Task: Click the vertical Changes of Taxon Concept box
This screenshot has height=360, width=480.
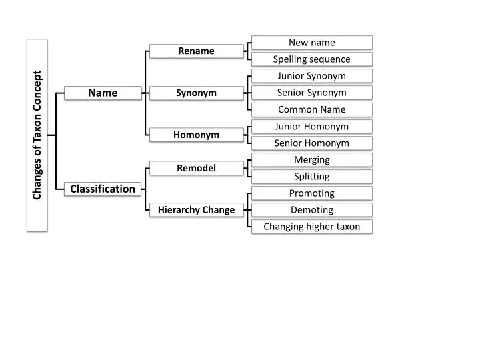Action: pyautogui.click(x=37, y=135)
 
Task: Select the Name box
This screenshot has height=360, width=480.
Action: pyautogui.click(x=103, y=93)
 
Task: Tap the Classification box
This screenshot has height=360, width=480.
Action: pyautogui.click(x=103, y=189)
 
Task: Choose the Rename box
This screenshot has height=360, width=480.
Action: pyautogui.click(x=196, y=51)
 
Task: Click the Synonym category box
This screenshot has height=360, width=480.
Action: pyautogui.click(x=196, y=93)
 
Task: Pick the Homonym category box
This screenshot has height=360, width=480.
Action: pyautogui.click(x=196, y=135)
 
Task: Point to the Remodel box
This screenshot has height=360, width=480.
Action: pyautogui.click(x=196, y=168)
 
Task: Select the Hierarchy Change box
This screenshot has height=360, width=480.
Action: pyautogui.click(x=196, y=210)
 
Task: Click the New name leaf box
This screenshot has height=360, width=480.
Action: pyautogui.click(x=311, y=43)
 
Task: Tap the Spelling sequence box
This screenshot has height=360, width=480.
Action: pyautogui.click(x=311, y=59)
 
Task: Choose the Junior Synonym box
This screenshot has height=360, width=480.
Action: pyautogui.click(x=311, y=76)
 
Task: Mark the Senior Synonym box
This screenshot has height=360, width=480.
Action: pyautogui.click(x=311, y=93)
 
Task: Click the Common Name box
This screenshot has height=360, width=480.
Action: pyautogui.click(x=311, y=109)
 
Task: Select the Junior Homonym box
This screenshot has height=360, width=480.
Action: pyautogui.click(x=311, y=126)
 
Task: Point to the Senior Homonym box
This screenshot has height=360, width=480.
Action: pyautogui.click(x=311, y=143)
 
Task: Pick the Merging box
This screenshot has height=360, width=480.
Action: pyautogui.click(x=311, y=159)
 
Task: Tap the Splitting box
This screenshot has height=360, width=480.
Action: pyautogui.click(x=311, y=176)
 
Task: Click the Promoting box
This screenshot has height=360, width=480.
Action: pyautogui.click(x=311, y=193)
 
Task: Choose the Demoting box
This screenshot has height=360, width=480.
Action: pyautogui.click(x=311, y=210)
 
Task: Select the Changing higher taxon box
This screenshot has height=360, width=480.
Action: pyautogui.click(x=311, y=227)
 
